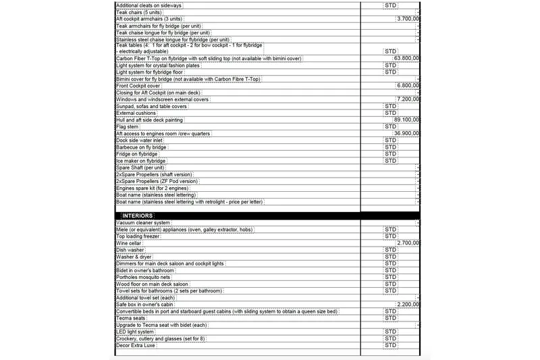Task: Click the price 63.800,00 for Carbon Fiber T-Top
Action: (x=407, y=59)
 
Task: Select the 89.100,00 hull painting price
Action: (x=407, y=120)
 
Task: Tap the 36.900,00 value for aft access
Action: (x=407, y=134)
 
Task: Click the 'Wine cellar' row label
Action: (x=131, y=242)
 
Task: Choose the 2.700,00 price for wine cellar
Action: (x=409, y=242)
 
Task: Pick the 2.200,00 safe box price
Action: (x=409, y=305)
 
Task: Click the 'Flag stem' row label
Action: (x=128, y=126)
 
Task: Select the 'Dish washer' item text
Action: (x=131, y=250)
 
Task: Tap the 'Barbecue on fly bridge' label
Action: (x=142, y=147)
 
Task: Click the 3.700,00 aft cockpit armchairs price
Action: (x=409, y=19)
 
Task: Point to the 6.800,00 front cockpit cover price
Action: (x=409, y=86)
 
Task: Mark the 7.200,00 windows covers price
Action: (x=409, y=99)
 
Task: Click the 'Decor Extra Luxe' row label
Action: (x=136, y=346)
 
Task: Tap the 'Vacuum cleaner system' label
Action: (x=143, y=222)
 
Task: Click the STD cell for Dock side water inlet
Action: (x=390, y=140)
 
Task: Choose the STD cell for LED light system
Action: (x=390, y=332)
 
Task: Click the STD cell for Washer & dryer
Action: (x=390, y=257)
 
